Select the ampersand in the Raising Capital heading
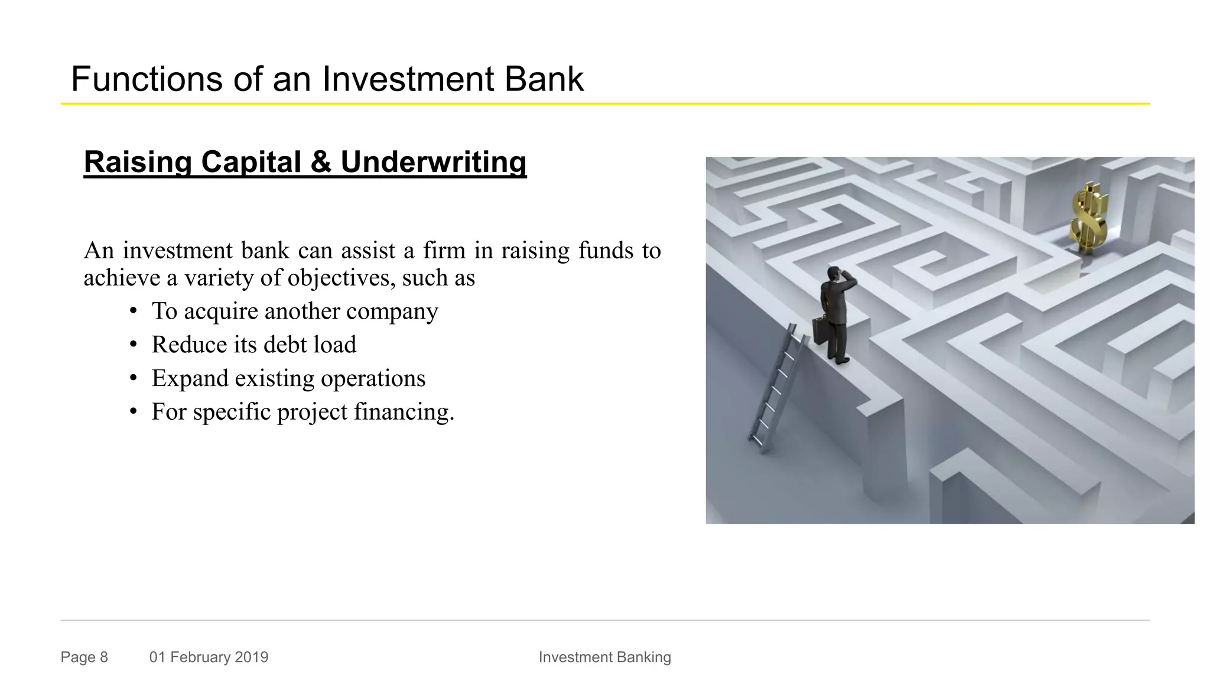(320, 162)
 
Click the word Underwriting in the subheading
(433, 162)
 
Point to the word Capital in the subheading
(251, 162)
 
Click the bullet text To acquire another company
(294, 311)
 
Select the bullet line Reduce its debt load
(253, 345)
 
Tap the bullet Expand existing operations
(288, 378)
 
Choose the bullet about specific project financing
(302, 412)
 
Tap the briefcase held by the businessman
(820, 331)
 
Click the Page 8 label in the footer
(84, 657)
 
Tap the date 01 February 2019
(209, 657)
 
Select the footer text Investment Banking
(604, 657)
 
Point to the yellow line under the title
(604, 104)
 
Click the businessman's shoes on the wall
(839, 359)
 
